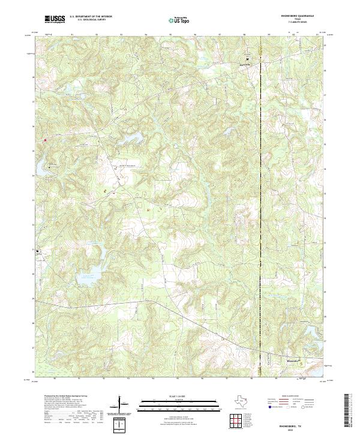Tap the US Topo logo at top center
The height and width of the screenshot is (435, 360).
coord(178,20)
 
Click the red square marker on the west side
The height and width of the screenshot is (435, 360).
coord(44,140)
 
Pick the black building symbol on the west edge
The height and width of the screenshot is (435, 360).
coord(38,251)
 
